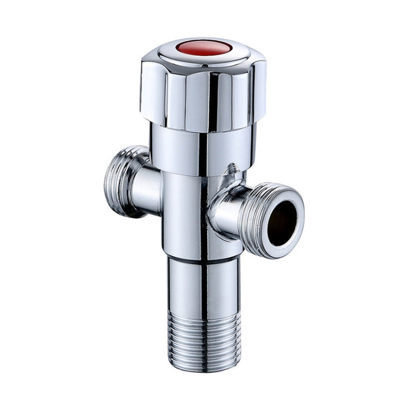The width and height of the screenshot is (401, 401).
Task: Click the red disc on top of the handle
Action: coord(203,48)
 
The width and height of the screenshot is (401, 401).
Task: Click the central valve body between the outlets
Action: coord(187,211)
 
